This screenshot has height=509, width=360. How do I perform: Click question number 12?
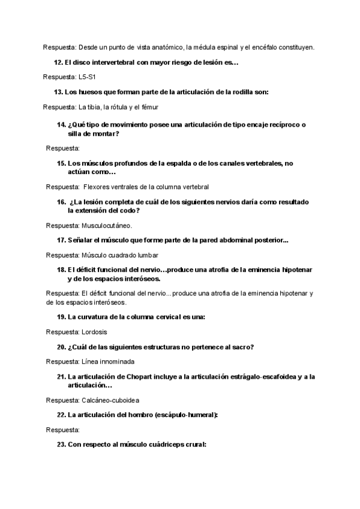tap(59, 62)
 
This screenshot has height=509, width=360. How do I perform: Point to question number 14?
tap(62, 125)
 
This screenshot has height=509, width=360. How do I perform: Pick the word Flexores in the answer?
tap(96, 187)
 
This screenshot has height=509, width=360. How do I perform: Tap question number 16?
tap(62, 202)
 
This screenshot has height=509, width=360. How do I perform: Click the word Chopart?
tap(140, 376)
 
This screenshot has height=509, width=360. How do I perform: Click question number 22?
tap(61, 415)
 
